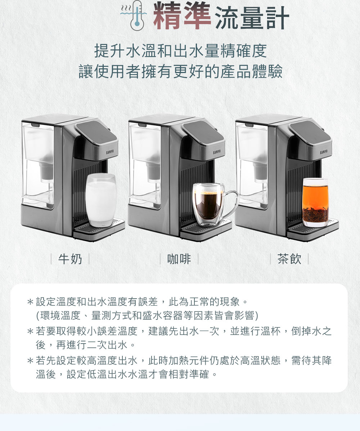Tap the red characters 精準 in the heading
point(182,15)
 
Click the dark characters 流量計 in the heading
point(252,18)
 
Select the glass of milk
point(101,200)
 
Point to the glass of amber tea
point(315,202)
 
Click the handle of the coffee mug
point(231,202)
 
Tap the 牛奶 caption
point(70,259)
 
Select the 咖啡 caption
point(179,259)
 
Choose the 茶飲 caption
point(289,259)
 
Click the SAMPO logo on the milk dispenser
point(110,152)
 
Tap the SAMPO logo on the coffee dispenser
point(217,152)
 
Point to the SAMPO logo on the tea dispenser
point(324,152)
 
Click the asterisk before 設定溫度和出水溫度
point(30,302)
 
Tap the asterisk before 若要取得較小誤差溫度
point(30,331)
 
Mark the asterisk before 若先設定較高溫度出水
point(30,360)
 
